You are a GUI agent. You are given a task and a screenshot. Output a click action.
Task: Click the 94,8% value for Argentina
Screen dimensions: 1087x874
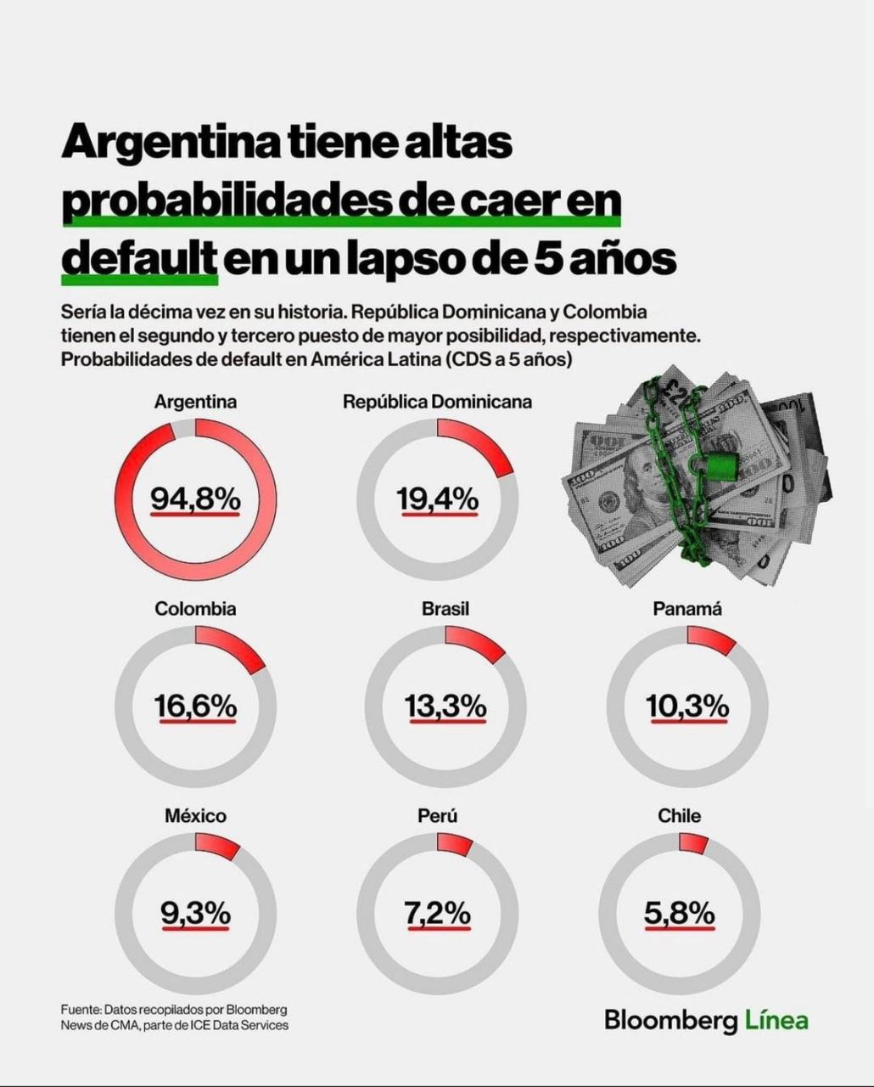pos(196,499)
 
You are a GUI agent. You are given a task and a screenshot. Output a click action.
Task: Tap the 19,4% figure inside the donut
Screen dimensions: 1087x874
pos(438,499)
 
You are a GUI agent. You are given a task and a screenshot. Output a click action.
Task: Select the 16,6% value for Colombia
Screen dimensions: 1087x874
pos(195,706)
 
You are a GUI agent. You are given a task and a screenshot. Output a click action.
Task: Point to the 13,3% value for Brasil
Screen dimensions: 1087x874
pos(445,706)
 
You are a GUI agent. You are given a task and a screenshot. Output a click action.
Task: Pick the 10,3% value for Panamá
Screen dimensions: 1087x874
pos(687,706)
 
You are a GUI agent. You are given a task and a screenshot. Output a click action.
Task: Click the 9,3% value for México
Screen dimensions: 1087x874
pos(195,914)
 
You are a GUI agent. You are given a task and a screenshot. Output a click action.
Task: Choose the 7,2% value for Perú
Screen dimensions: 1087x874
pos(438,914)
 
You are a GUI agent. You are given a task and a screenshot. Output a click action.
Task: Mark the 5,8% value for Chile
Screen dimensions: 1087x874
pos(680,914)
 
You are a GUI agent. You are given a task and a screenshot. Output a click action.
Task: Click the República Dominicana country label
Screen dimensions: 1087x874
pos(437,402)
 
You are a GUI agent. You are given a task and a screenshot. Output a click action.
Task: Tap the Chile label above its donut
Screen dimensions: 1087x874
pos(680,816)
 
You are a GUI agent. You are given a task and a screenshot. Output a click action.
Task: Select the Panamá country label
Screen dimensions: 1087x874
pos(687,609)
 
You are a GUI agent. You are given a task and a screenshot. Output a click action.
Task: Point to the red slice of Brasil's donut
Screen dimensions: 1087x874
pos(477,644)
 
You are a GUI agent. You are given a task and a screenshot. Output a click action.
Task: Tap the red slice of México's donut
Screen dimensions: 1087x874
pos(217,846)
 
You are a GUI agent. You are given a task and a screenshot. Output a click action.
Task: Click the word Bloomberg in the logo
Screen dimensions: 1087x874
pos(671,1020)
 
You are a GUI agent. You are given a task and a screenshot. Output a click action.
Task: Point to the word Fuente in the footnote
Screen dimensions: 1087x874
pos(80,1010)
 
